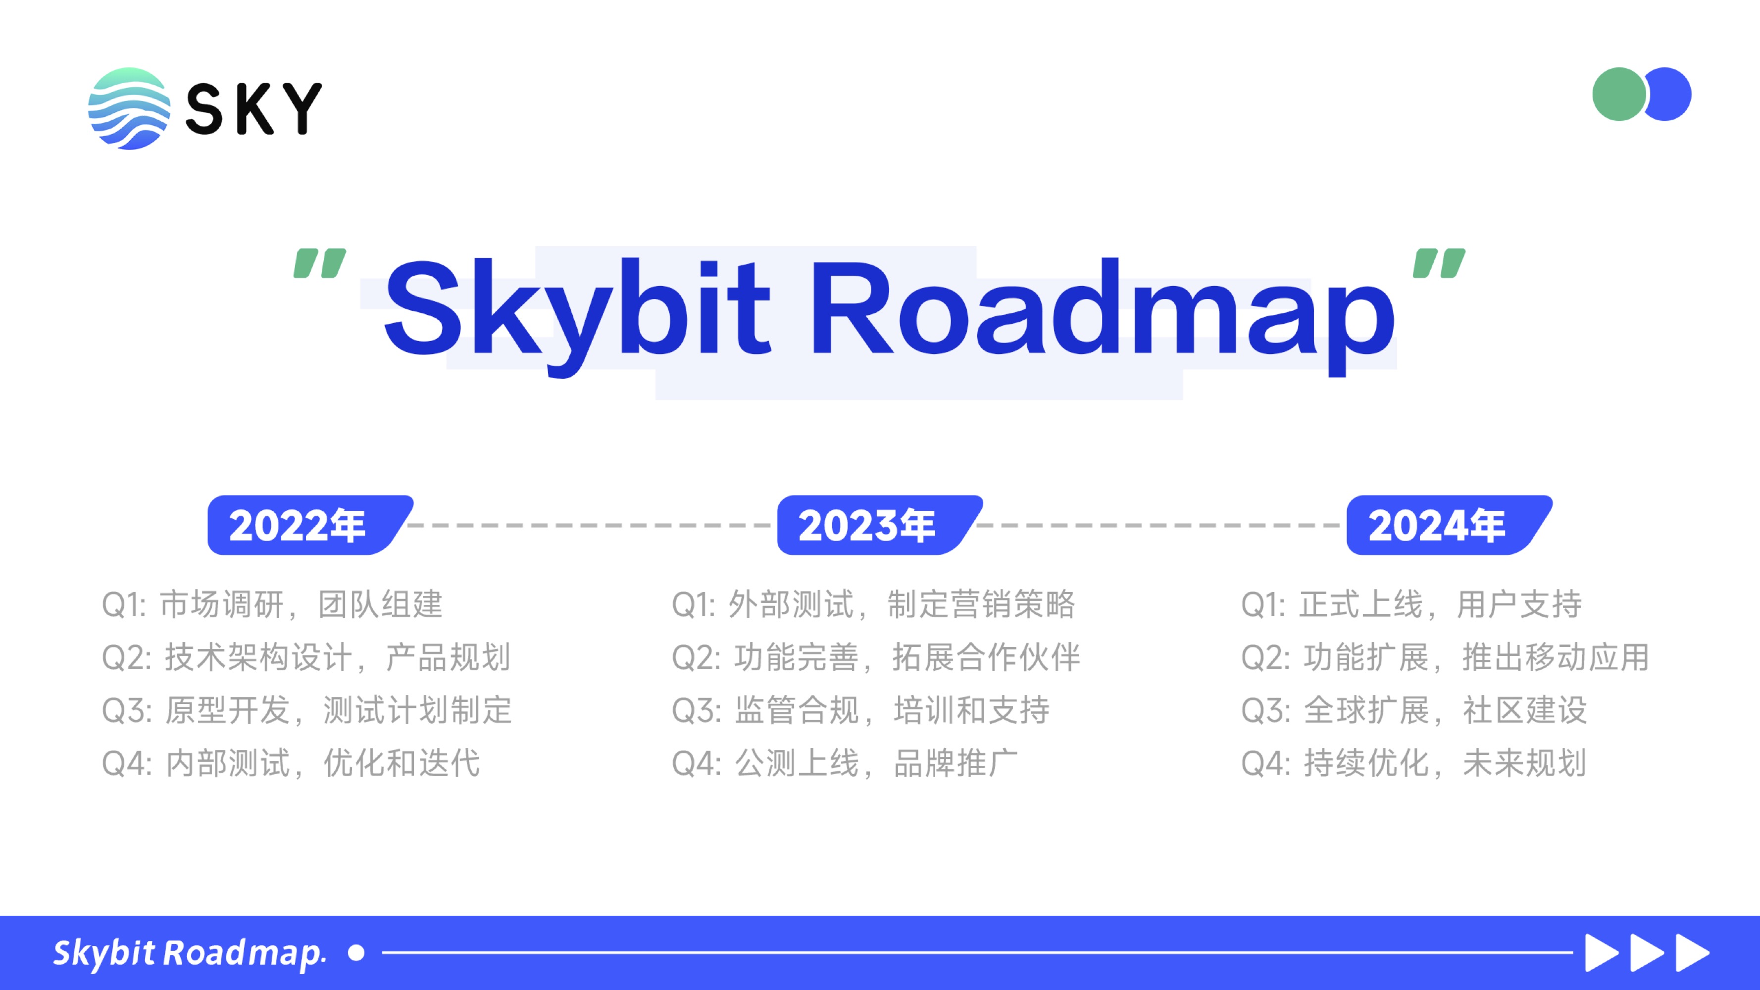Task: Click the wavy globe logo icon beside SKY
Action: point(129,108)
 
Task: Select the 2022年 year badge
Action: point(309,525)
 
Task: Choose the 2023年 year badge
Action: point(879,525)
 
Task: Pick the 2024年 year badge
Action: point(1449,525)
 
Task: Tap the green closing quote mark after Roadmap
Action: point(1439,263)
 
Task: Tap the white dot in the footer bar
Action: point(356,952)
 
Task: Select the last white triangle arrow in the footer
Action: point(1693,952)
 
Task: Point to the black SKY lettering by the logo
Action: point(253,108)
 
